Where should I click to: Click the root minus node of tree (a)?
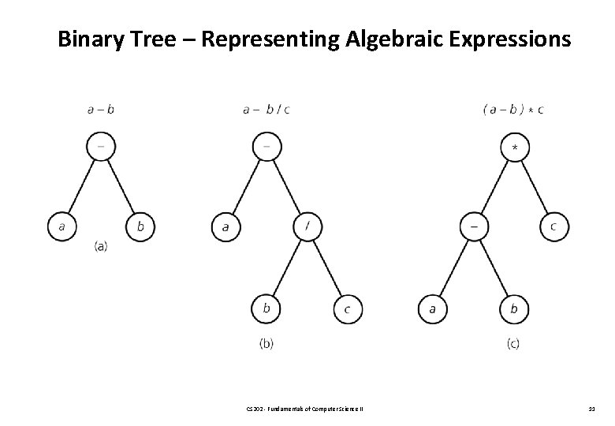tap(101, 147)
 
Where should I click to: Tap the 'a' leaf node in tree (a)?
tap(61, 227)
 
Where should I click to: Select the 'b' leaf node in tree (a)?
tap(140, 227)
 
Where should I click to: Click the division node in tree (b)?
tap(307, 227)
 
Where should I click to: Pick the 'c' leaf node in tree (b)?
tap(347, 308)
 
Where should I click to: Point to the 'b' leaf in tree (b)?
tap(266, 308)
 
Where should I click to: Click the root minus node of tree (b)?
tap(266, 147)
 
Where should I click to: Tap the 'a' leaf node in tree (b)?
tap(225, 227)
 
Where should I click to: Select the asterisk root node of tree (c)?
tap(514, 147)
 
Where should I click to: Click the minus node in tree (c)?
tap(474, 227)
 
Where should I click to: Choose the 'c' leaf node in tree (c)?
tap(553, 227)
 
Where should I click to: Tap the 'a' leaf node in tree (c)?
tap(432, 308)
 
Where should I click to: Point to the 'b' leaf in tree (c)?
tap(514, 308)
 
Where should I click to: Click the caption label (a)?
tap(101, 246)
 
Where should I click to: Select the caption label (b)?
tap(266, 343)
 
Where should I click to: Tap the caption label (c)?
tap(513, 343)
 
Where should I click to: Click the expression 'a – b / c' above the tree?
tap(266, 110)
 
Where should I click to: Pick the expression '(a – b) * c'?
tap(512, 110)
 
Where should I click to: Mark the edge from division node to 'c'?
tap(327, 268)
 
